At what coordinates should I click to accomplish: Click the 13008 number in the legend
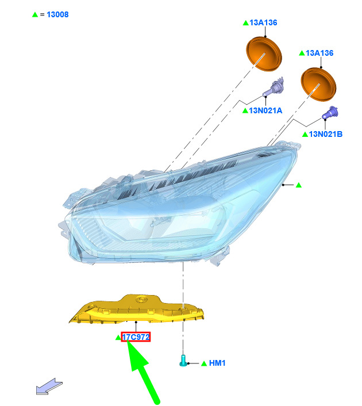tap(57, 14)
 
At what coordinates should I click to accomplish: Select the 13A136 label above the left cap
tap(263, 23)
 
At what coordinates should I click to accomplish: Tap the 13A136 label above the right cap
tap(319, 53)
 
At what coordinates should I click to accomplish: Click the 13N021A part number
tap(265, 110)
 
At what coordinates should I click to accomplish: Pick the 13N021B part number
tap(326, 134)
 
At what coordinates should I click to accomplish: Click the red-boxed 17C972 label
tap(136, 337)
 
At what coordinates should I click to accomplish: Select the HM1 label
tap(217, 363)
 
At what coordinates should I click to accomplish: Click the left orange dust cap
tap(263, 54)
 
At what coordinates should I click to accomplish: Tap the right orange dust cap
tap(318, 84)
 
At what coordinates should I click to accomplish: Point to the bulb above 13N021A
tap(274, 88)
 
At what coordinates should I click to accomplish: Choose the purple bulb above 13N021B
tap(330, 113)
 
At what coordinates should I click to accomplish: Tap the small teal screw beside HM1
tap(183, 361)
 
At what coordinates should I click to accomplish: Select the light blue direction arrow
tap(49, 386)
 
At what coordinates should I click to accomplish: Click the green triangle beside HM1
tap(204, 363)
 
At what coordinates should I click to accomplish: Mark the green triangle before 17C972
tap(118, 338)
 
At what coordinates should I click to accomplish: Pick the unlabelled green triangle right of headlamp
tap(299, 185)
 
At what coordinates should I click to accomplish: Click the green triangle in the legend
tap(35, 14)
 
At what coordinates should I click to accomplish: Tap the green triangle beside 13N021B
tap(305, 134)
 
